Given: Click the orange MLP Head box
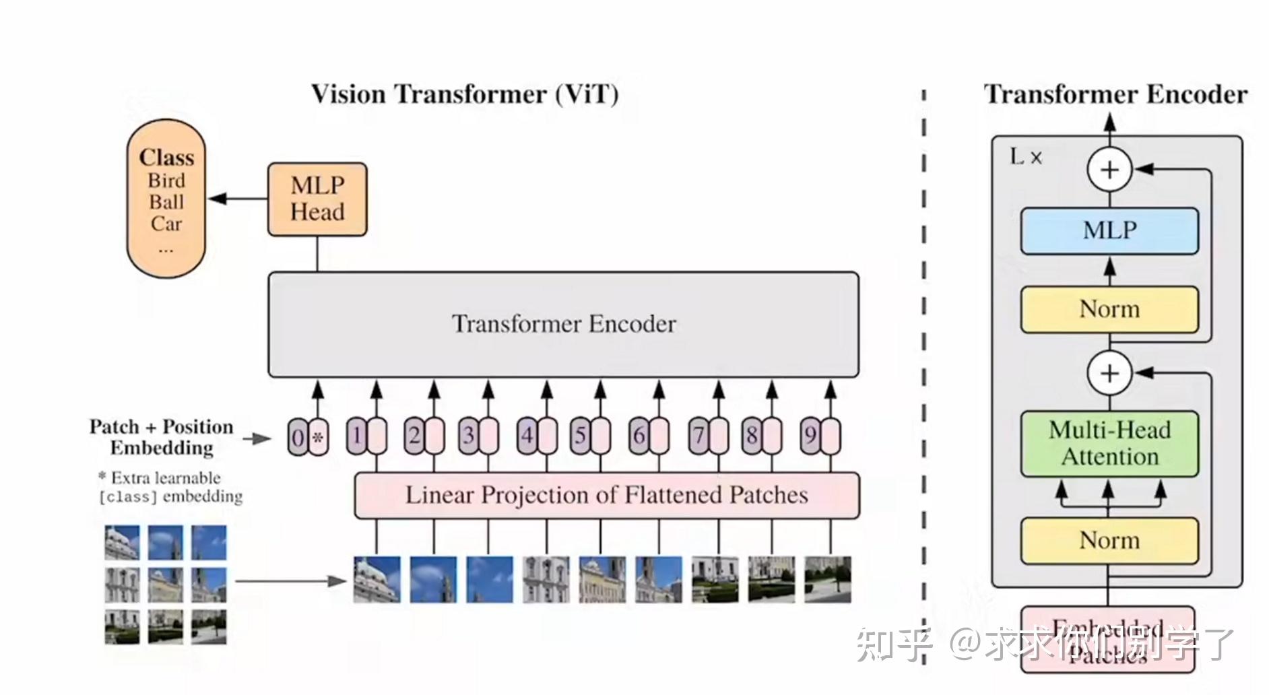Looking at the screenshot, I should coord(317,199).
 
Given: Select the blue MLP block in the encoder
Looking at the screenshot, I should coord(1109,231).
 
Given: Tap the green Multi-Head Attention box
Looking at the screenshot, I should coord(1109,444).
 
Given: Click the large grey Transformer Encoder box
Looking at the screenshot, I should coord(563,325).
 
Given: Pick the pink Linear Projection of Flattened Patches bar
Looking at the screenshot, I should coord(606,496).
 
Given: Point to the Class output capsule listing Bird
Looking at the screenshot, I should coord(166,199).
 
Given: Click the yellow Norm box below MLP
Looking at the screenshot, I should coord(1109,310).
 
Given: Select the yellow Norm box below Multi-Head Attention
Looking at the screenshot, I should coord(1109,541).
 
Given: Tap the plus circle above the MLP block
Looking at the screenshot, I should coord(1109,170).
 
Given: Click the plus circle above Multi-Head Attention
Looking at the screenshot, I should coord(1109,372).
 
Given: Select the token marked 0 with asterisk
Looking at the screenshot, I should coord(308,438).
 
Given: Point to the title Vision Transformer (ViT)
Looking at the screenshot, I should coord(465,94).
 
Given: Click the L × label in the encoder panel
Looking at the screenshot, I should coord(1026,158).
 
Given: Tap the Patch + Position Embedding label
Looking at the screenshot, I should coord(162,437).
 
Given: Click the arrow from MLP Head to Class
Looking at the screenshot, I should coord(238,199).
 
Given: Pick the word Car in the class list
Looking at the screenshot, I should coord(166,224).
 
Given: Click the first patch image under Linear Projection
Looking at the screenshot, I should coord(377,579).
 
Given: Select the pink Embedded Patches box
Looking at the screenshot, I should coord(1108,640).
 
